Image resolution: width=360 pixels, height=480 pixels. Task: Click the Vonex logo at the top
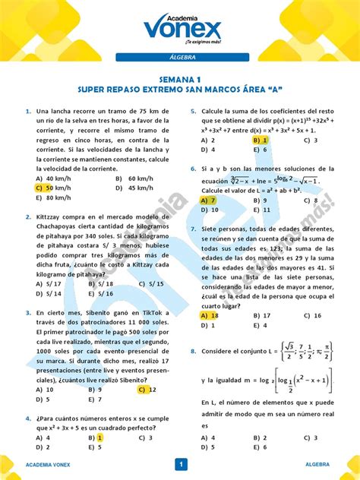point(180,29)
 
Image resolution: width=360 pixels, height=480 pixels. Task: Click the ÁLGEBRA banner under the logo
point(180,58)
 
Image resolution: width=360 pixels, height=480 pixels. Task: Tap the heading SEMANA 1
point(180,78)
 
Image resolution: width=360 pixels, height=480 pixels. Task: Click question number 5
point(194,111)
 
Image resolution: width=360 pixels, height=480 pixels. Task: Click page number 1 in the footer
point(181,464)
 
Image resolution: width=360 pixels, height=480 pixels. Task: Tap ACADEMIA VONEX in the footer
point(49,464)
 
